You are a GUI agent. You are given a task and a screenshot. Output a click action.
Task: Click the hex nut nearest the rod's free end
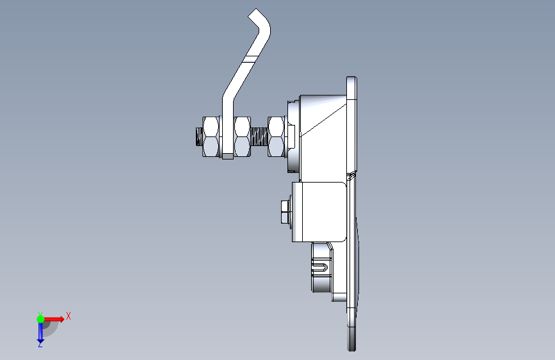pos(211,137)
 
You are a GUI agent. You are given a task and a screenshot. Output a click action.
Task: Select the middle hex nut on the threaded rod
pos(243,137)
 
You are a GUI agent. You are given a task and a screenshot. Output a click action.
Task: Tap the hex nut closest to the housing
pos(277,137)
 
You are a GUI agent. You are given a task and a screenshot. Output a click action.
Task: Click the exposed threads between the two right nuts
pos(259,138)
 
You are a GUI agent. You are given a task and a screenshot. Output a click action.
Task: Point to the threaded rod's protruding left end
pos(199,137)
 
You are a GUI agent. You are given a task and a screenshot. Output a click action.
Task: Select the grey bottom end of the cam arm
pos(228,156)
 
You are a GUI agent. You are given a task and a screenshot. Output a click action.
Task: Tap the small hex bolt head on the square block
pos(286,212)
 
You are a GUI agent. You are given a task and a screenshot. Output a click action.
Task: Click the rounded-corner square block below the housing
pos(319,212)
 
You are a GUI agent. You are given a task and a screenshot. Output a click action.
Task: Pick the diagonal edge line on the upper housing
pos(323,120)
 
